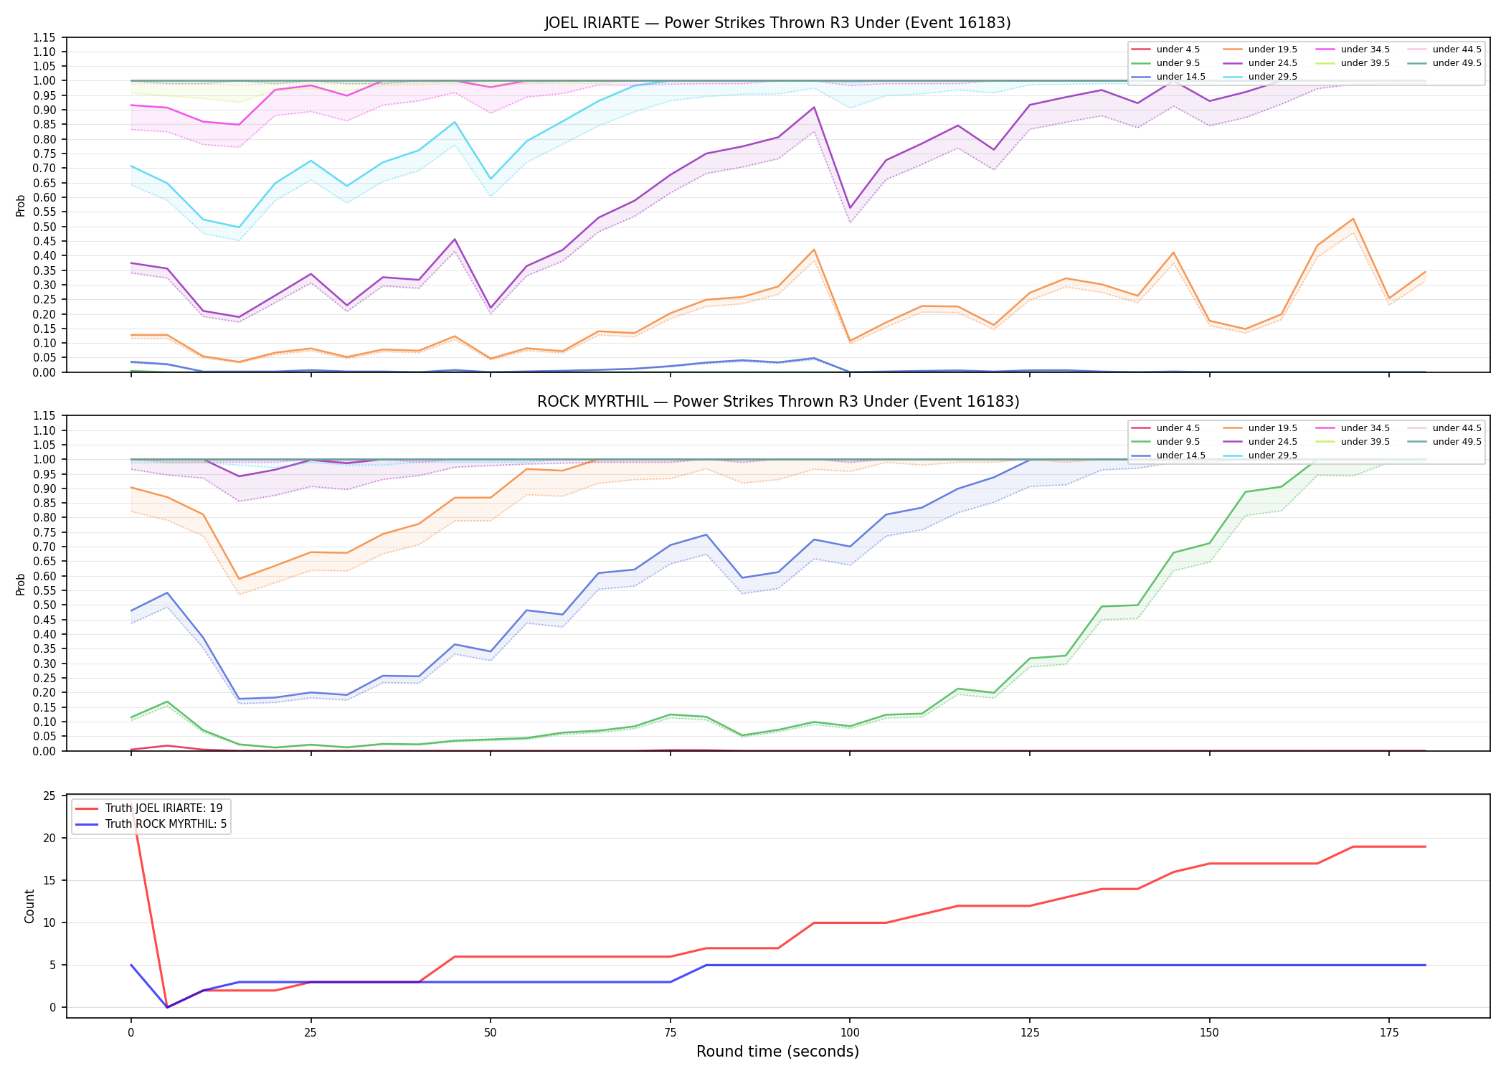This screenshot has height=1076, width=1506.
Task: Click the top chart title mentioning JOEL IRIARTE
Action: click(x=777, y=23)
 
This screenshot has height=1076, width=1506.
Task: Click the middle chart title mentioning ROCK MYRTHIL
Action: click(x=777, y=402)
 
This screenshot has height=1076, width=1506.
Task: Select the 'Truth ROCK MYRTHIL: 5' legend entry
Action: click(x=151, y=824)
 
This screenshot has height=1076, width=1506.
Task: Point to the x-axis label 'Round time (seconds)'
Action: click(x=777, y=1052)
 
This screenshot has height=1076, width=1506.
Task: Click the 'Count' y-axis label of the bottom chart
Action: click(x=29, y=906)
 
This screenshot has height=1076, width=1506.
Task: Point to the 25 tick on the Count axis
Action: click(x=49, y=796)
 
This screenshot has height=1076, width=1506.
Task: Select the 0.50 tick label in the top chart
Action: click(x=44, y=227)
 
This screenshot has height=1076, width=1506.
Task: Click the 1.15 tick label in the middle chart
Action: click(x=44, y=416)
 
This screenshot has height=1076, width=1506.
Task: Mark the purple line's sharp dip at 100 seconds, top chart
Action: click(x=850, y=208)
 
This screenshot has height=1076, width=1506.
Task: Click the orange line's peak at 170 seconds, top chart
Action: click(x=1353, y=219)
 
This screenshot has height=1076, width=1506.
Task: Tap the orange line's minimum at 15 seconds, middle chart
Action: click(x=239, y=579)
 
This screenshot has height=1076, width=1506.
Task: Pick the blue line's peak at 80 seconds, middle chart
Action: click(x=706, y=534)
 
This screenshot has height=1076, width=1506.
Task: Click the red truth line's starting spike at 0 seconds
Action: click(x=131, y=806)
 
